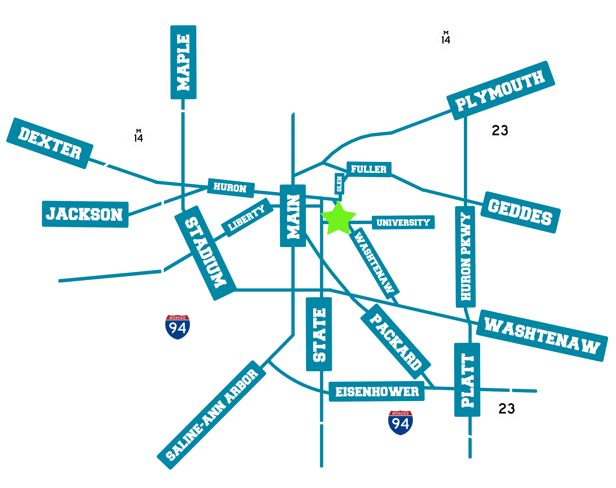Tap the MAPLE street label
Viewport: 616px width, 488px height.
coord(183,62)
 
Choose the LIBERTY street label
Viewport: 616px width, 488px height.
coord(246,218)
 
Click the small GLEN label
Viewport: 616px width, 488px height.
coord(339,184)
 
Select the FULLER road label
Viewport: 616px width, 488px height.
coord(369,169)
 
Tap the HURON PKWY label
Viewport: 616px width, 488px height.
coord(465,257)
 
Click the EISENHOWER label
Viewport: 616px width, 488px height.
coord(377,391)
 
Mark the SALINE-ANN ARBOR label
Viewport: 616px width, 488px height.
coord(211,415)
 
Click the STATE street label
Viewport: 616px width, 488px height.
coord(319,334)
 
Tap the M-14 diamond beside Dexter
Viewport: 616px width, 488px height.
coord(139,137)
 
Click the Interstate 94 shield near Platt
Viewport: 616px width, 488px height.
coord(400,423)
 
